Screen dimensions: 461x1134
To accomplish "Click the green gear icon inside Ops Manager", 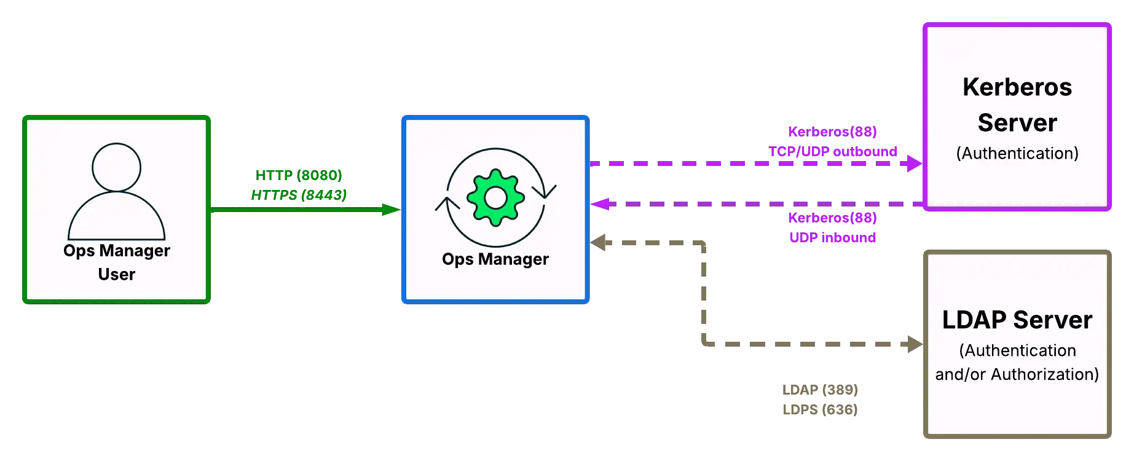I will tap(495, 198).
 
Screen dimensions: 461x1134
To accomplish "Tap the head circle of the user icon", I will tap(116, 167).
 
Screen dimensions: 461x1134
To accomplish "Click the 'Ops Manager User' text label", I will tap(117, 262).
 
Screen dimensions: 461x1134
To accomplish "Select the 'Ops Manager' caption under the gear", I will tap(495, 259).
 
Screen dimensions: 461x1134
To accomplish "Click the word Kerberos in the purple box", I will tap(1017, 87).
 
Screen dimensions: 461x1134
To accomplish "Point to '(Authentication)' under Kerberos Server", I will tap(1017, 153).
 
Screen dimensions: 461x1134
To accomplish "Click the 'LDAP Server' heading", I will tap(1017, 320).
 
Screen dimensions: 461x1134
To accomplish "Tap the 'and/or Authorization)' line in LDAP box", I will tap(1017, 374).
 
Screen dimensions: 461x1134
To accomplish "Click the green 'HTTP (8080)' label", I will tap(299, 175).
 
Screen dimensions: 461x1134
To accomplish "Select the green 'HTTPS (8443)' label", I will tap(299, 195).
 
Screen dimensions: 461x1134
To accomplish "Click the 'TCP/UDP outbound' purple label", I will tap(833, 151).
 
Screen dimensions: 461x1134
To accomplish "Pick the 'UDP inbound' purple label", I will tap(833, 238).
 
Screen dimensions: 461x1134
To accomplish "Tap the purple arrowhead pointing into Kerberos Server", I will tap(912, 163).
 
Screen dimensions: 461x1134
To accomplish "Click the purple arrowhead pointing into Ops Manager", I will tap(600, 204).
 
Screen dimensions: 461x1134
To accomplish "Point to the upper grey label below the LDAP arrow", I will tap(821, 390).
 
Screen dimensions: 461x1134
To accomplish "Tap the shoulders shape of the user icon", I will tap(116, 218).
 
